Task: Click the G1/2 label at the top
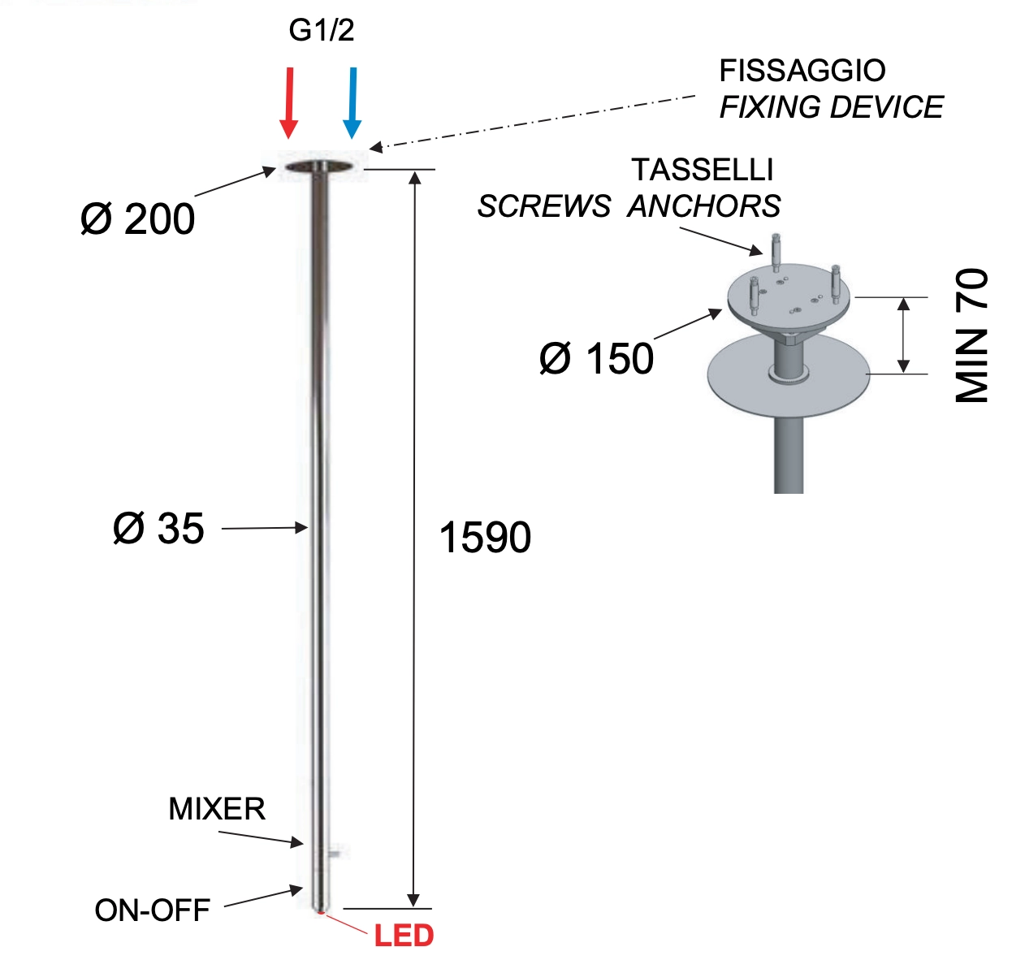pos(322,31)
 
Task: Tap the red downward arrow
pos(289,102)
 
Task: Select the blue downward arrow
pos(352,102)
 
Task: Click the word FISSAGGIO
pos(802,71)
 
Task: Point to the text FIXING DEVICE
pos(831,107)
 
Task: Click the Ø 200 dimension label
pos(138,219)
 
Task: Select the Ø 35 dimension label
pos(158,529)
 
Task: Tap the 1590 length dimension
pos(485,538)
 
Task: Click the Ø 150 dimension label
pos(596,359)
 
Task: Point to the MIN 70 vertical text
pos(971,335)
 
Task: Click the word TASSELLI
pos(703,170)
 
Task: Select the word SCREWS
pos(543,206)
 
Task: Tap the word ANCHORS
pos(704,206)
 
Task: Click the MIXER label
pos(217,809)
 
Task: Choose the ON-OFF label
pos(153,910)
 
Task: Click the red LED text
pos(404,936)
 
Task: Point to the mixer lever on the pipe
pos(335,852)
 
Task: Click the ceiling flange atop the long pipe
pos(322,167)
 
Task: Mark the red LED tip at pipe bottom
pos(320,913)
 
